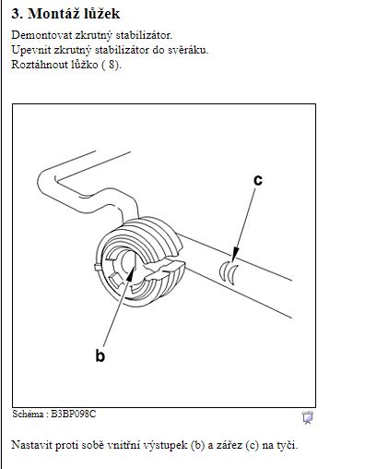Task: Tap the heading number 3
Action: click(17, 14)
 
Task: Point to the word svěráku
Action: click(188, 50)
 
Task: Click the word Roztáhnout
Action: click(40, 65)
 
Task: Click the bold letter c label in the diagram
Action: click(258, 180)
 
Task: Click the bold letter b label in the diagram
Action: click(100, 355)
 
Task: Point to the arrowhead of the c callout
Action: click(235, 254)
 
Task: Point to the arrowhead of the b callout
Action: click(131, 274)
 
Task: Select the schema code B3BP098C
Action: click(74, 414)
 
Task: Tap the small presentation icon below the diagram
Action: click(308, 417)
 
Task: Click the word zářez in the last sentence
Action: click(230, 445)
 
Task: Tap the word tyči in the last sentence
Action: click(288, 445)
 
